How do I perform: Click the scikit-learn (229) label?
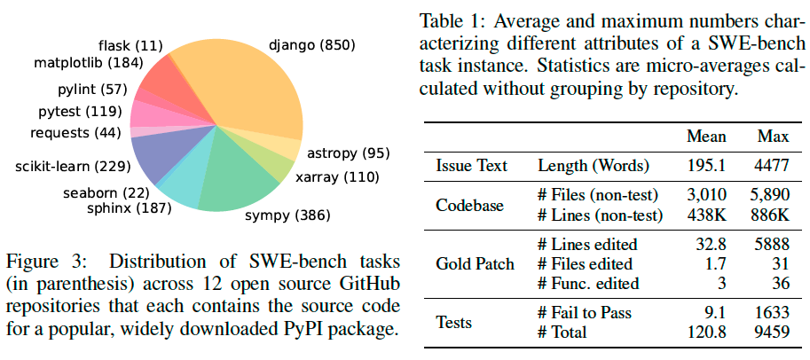[67, 165]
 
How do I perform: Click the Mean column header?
[706, 137]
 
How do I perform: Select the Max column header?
[768, 137]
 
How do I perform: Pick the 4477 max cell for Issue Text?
[768, 166]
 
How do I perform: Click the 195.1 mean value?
[706, 166]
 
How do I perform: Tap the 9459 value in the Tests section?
[768, 333]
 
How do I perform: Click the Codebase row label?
[471, 204]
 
